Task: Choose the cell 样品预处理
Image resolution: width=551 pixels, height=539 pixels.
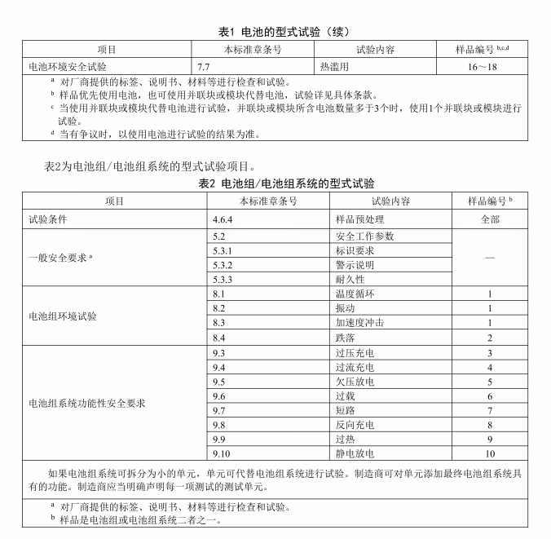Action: pyautogui.click(x=359, y=219)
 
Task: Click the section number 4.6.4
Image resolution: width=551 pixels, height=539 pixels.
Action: pyautogui.click(x=223, y=219)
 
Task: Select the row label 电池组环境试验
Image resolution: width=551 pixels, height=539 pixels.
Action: pyautogui.click(x=62, y=316)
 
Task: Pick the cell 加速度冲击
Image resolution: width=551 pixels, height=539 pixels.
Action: pyautogui.click(x=359, y=323)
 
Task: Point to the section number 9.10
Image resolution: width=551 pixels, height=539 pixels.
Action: pyautogui.click(x=223, y=453)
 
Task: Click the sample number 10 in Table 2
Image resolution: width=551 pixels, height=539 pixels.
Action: pyautogui.click(x=490, y=453)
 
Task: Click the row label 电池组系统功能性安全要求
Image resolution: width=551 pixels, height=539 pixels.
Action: pyautogui.click(x=87, y=403)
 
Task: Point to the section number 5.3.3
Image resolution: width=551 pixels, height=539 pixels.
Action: pyautogui.click(x=223, y=279)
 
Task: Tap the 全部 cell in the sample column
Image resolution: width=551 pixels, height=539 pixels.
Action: pyautogui.click(x=490, y=219)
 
